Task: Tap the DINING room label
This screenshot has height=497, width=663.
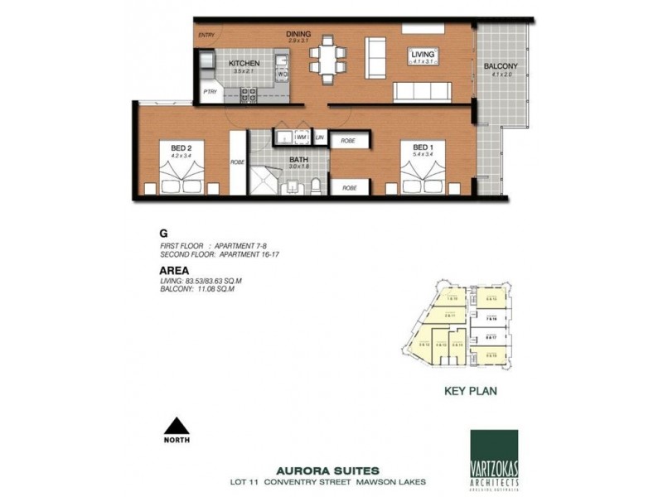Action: [x=298, y=34]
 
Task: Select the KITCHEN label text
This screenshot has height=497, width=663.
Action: [x=244, y=63]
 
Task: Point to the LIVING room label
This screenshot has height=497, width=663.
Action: [x=423, y=55]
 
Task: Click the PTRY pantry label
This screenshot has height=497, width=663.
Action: [x=211, y=92]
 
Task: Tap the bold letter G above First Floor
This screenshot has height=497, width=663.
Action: [x=162, y=234]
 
